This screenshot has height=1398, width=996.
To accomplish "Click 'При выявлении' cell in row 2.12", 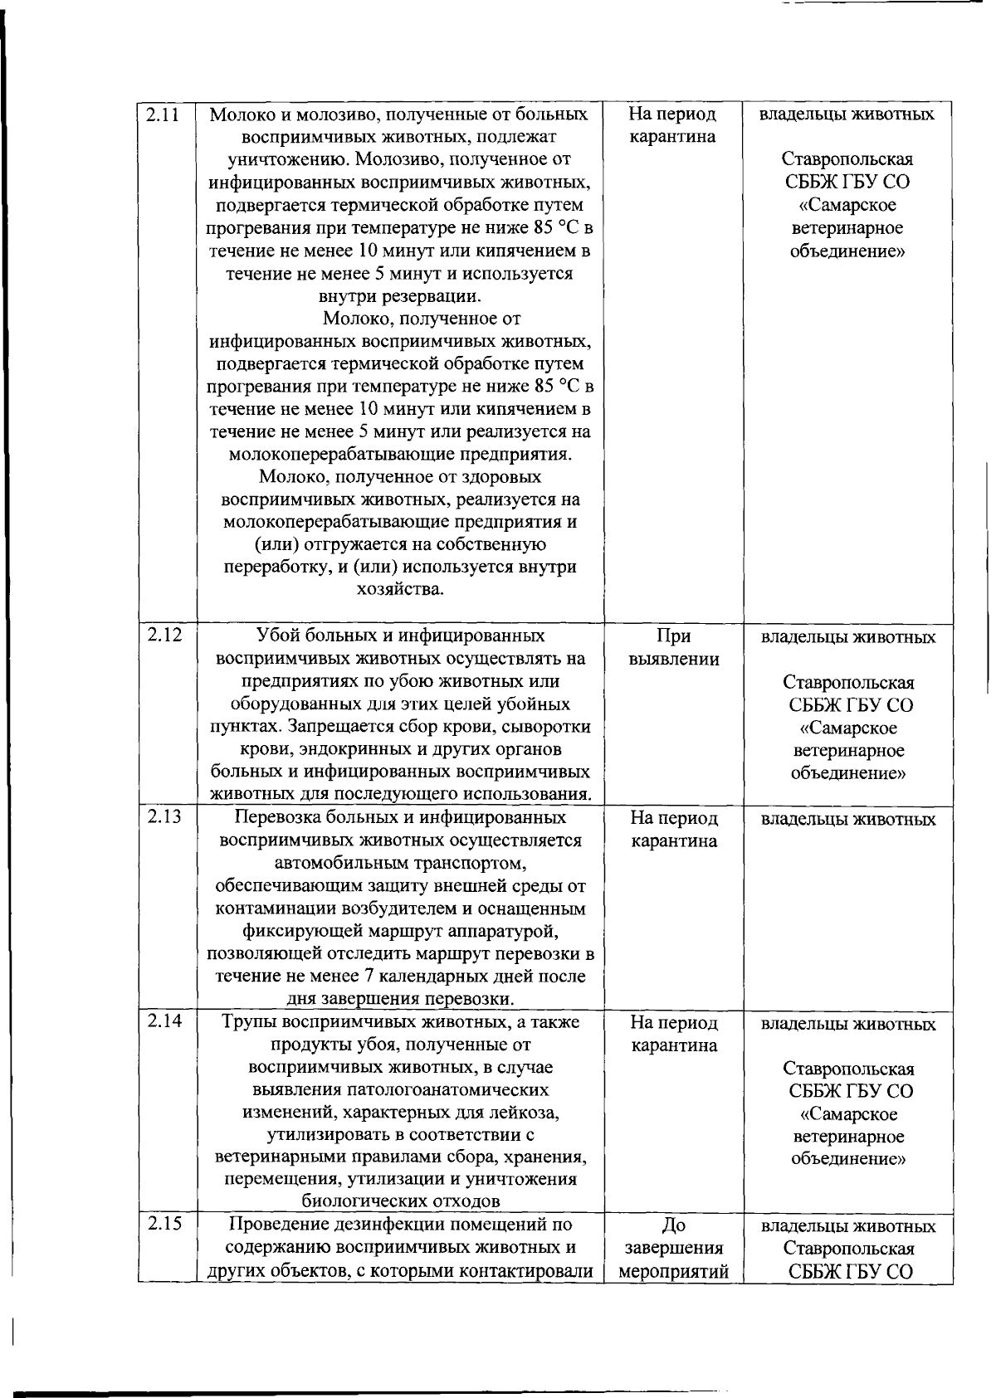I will point(673,648).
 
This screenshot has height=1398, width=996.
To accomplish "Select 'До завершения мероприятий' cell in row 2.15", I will point(673,1248).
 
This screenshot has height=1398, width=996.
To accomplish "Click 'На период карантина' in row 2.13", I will point(673,830).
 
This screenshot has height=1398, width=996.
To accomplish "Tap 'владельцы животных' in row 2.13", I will point(848,820).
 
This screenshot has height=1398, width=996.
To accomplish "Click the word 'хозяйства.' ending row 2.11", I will point(400,590).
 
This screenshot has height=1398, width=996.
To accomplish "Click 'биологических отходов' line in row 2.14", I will point(400,1201).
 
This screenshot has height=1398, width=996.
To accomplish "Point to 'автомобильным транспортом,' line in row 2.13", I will point(400,863).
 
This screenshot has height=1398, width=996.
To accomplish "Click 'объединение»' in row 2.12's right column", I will point(848,774).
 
